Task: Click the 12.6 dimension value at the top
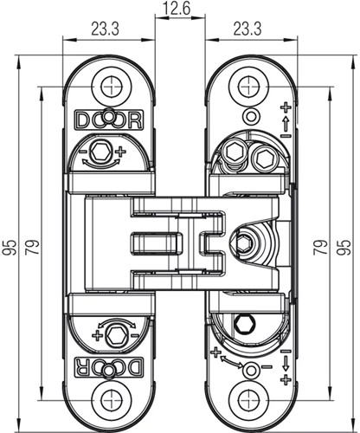[x=180, y=10]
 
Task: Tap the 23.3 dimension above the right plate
[x=247, y=29]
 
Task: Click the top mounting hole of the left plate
[x=110, y=86]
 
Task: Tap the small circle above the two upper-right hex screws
[x=251, y=117]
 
